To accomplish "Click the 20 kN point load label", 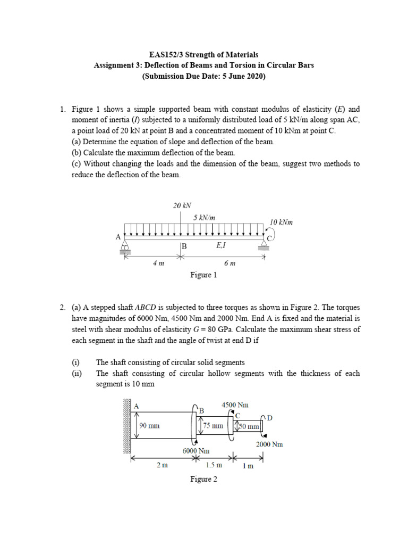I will pyautogui.click(x=182, y=205).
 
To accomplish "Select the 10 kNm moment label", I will pyautogui.click(x=281, y=222).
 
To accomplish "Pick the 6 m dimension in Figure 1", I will pyautogui.click(x=229, y=263).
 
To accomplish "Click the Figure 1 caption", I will pyautogui.click(x=204, y=275).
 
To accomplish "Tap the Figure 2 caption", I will pyautogui.click(x=204, y=479).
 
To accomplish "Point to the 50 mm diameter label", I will pyautogui.click(x=249, y=426).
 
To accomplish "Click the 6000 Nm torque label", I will pyautogui.click(x=196, y=450).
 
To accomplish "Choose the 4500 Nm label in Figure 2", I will pyautogui.click(x=235, y=405).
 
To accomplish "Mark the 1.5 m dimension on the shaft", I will pyautogui.click(x=214, y=465).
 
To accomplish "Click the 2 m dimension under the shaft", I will pyautogui.click(x=162, y=465).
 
